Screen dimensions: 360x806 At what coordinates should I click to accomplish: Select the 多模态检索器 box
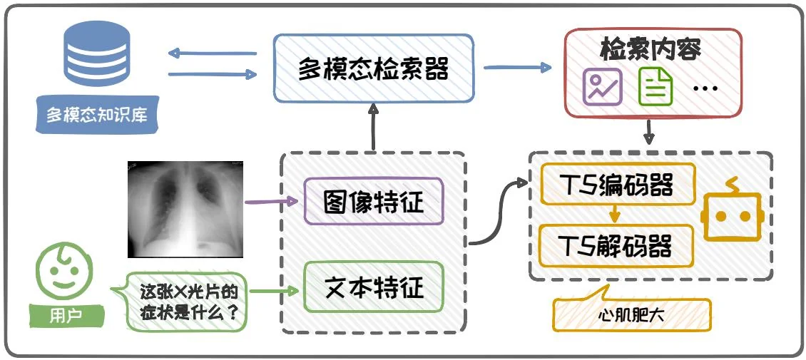[x=373, y=68]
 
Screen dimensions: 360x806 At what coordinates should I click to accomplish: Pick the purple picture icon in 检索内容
[x=603, y=87]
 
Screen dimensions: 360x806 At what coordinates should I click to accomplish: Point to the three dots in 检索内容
[x=705, y=88]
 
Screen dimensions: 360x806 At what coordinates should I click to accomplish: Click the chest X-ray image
[x=185, y=208]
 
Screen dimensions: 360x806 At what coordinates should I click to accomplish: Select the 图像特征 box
[x=373, y=202]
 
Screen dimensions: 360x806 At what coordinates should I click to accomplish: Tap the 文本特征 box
[x=373, y=287]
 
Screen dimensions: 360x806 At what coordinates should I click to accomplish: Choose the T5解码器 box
[x=616, y=246]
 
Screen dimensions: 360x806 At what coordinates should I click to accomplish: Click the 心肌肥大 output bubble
[x=631, y=314]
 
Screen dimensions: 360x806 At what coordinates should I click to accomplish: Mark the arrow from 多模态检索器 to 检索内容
[x=518, y=68]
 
